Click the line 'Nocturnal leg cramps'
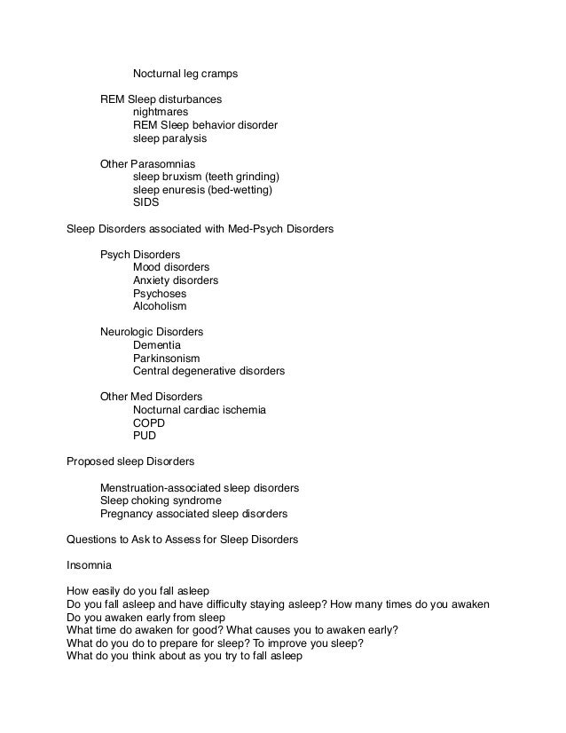click(185, 74)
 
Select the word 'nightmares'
click(161, 113)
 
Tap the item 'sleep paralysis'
click(169, 138)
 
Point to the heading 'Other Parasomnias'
click(147, 164)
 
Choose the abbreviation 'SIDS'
click(146, 202)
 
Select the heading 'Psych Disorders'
click(140, 255)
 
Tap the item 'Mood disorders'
click(171, 267)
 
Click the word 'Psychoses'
click(160, 293)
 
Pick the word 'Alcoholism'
click(160, 306)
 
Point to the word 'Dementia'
click(157, 344)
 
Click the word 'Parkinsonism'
click(167, 358)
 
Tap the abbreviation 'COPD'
click(149, 423)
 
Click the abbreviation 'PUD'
click(145, 436)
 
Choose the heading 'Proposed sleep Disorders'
click(130, 461)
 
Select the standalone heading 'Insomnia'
click(90, 565)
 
